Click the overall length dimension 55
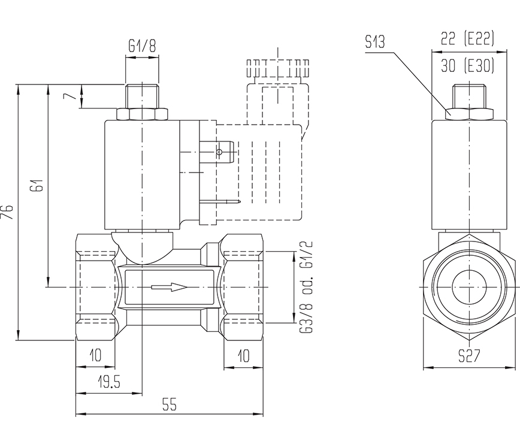170,405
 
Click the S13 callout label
375,42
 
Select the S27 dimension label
469,357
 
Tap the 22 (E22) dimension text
467,39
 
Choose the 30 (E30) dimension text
467,66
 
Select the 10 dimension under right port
243,356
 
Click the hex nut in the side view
469,113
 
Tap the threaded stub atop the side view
468,95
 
